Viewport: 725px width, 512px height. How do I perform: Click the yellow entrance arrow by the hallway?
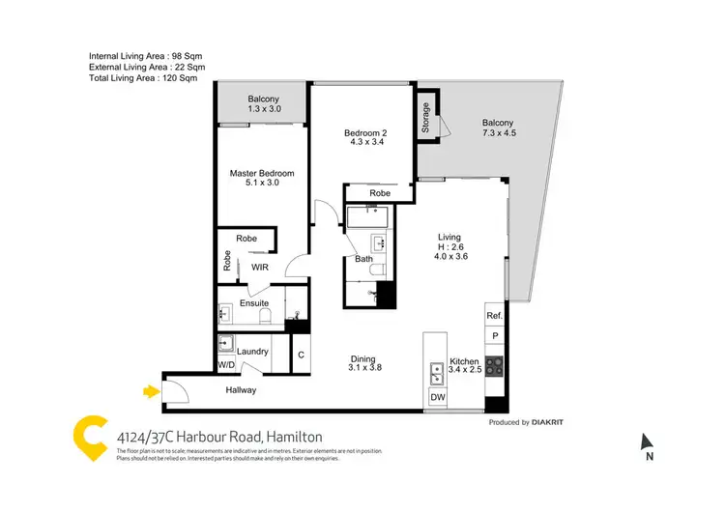150,391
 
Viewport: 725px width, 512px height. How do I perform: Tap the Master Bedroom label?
261,174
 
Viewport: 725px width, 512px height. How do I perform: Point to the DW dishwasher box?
437,397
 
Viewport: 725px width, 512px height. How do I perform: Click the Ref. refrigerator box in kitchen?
495,316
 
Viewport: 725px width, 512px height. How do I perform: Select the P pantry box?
495,336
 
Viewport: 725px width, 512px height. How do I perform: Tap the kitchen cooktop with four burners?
495,366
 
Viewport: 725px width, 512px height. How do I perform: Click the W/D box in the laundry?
225,365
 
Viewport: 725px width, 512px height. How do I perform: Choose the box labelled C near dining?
301,356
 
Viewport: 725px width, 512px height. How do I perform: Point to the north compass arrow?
647,443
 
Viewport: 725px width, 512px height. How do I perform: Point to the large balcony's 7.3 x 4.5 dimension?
499,134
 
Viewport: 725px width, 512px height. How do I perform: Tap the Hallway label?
241,390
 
